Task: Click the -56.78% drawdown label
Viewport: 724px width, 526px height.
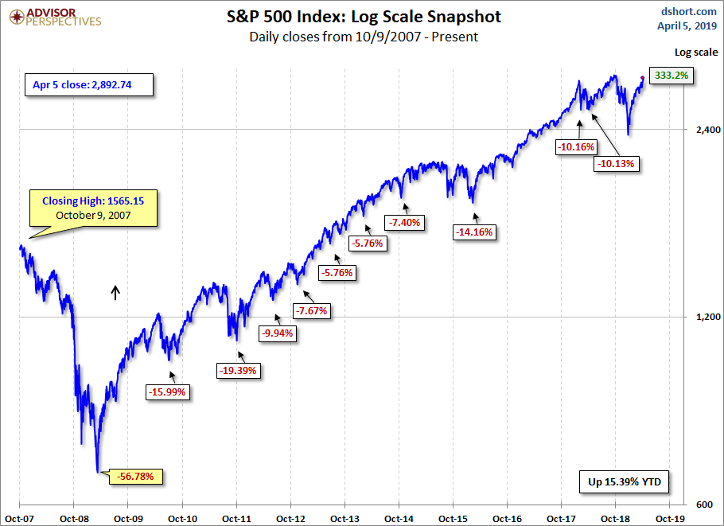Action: (140, 477)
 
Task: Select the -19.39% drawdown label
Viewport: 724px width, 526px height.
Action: (238, 370)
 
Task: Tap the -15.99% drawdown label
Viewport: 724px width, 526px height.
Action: (168, 392)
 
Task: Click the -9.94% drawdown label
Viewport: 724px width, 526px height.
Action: (278, 333)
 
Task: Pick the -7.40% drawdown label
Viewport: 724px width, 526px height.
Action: (405, 222)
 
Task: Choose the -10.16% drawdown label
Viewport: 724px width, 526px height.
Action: (577, 146)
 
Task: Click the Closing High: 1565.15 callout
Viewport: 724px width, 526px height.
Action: (93, 208)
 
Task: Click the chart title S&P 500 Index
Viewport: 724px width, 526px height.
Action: (363, 17)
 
